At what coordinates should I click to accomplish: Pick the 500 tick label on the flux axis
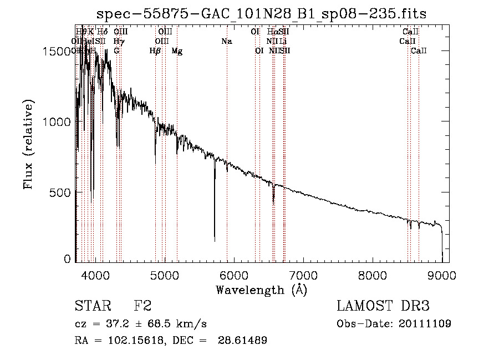point(62,192)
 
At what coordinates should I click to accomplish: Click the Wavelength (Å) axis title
point(262,290)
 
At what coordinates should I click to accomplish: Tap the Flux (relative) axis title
point(29,144)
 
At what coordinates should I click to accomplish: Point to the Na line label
point(226,41)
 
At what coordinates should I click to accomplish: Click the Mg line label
point(177,51)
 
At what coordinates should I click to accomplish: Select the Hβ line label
point(155,51)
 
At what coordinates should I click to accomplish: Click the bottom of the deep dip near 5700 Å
point(215,240)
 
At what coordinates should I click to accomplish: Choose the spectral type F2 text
point(142,306)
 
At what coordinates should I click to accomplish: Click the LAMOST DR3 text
point(383,306)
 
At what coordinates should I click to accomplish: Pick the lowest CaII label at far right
point(419,51)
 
